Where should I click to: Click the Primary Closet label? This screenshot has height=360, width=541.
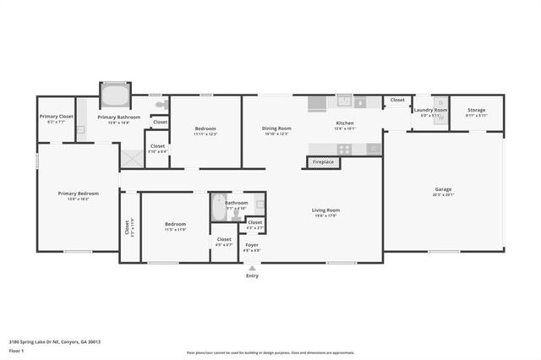coord(56,117)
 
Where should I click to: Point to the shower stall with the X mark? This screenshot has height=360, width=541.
coord(132,157)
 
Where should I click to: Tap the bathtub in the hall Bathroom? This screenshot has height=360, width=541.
coord(219,207)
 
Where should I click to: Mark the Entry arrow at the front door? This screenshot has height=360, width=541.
coord(252,269)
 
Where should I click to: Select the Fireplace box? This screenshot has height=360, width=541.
coord(323,161)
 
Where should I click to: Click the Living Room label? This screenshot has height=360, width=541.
coord(325,211)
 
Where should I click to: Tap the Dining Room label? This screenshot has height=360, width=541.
coord(276,130)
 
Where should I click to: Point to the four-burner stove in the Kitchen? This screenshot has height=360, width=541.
coord(344,149)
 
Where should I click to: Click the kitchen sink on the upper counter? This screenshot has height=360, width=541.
coord(345,101)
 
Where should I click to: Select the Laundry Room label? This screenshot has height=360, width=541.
coord(430,112)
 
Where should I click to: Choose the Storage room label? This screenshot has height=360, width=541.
coord(477,112)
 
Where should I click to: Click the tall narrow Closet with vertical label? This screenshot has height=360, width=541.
coord(128,227)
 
